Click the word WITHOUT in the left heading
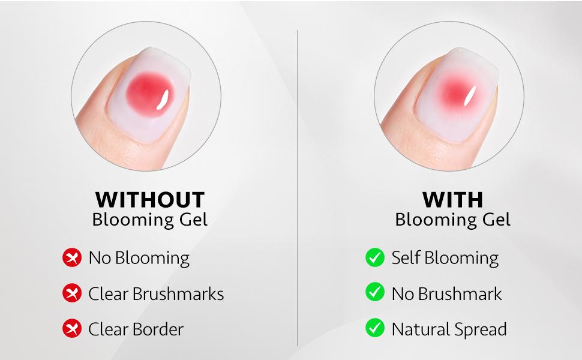[149, 200]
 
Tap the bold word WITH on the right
[452, 200]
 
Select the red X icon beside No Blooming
[72, 258]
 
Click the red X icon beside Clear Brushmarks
[72, 294]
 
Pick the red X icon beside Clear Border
[72, 329]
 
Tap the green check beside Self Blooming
[375, 258]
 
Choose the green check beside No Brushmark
[375, 293]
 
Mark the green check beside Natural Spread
[375, 329]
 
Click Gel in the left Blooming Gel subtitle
[193, 220]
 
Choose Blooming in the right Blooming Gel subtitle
[434, 220]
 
